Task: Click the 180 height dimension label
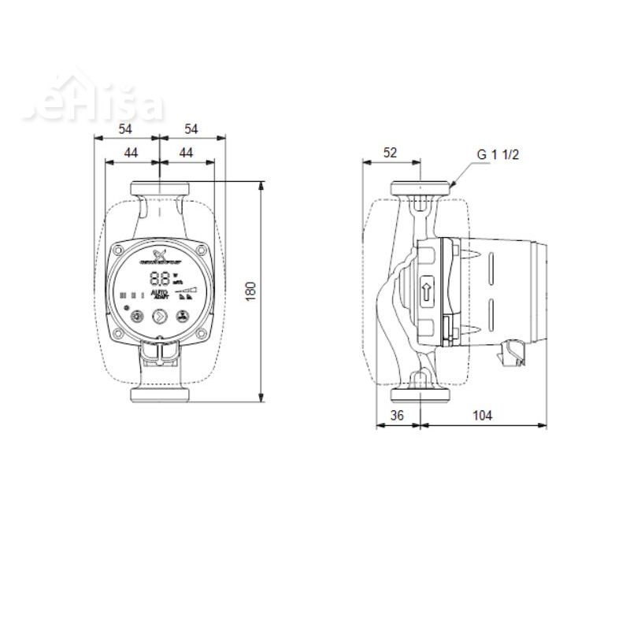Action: tap(251, 290)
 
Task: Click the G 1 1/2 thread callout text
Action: tap(498, 154)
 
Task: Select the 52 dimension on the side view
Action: tap(390, 153)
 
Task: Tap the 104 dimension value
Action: tap(483, 416)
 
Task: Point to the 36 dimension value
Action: tap(398, 416)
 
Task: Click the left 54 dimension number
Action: tap(126, 128)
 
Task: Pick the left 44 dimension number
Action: tap(132, 153)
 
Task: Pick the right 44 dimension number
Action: tap(187, 153)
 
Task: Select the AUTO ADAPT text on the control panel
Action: tap(159, 295)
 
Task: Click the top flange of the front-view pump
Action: tap(159, 190)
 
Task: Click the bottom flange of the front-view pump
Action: tap(159, 395)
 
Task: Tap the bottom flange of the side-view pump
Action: tap(421, 395)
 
